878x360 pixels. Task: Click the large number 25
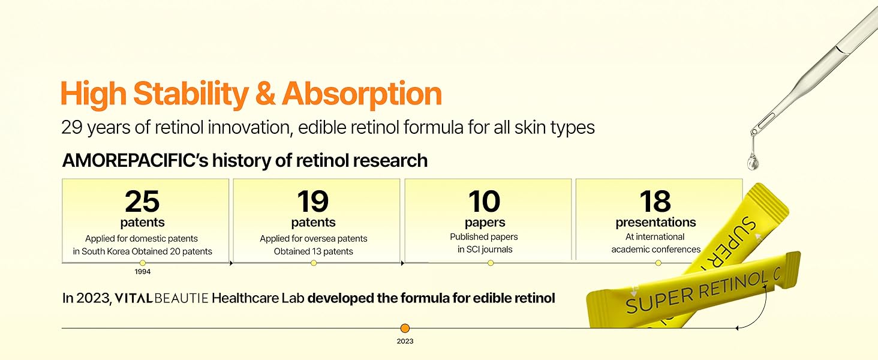(x=142, y=202)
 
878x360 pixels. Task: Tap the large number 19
(x=312, y=202)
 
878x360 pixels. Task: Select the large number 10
(x=483, y=202)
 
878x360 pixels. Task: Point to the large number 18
(x=655, y=202)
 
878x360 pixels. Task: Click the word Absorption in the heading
(x=362, y=94)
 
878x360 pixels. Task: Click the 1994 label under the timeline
(x=142, y=272)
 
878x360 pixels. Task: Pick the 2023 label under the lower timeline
(x=405, y=341)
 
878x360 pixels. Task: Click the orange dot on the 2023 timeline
(x=405, y=328)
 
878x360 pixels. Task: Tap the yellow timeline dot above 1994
(x=142, y=263)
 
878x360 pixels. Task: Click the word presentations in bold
(x=656, y=223)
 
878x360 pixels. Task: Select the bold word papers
(x=483, y=223)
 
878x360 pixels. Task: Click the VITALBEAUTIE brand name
(x=161, y=298)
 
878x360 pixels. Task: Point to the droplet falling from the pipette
(x=752, y=161)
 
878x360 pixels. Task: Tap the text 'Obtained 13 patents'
(x=313, y=251)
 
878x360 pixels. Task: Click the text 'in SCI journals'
(x=483, y=249)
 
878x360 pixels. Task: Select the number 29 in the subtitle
(x=71, y=128)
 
